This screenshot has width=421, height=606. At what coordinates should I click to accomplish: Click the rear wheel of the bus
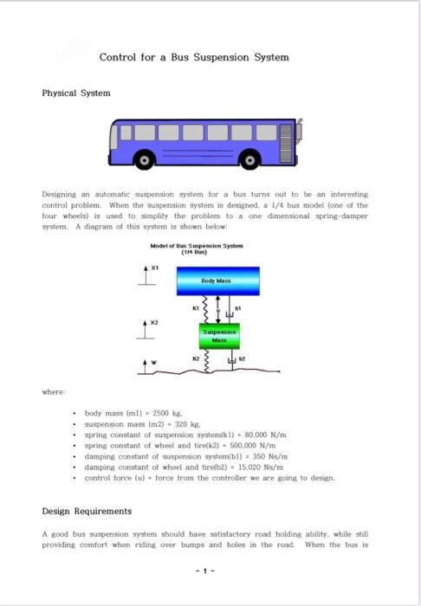coord(250,158)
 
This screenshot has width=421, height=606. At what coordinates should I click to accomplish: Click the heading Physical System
coord(76,93)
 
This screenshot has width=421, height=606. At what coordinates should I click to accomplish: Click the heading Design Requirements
coord(87,511)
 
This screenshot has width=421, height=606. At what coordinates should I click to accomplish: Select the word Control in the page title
coord(117,57)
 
